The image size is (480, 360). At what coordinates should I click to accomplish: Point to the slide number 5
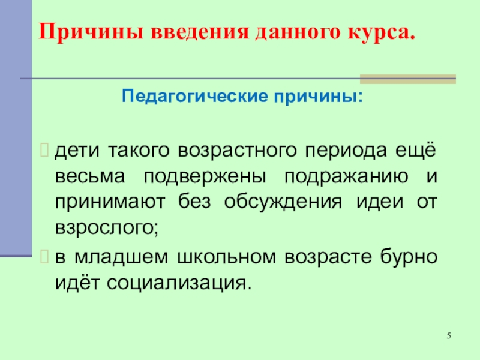(x=448, y=335)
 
